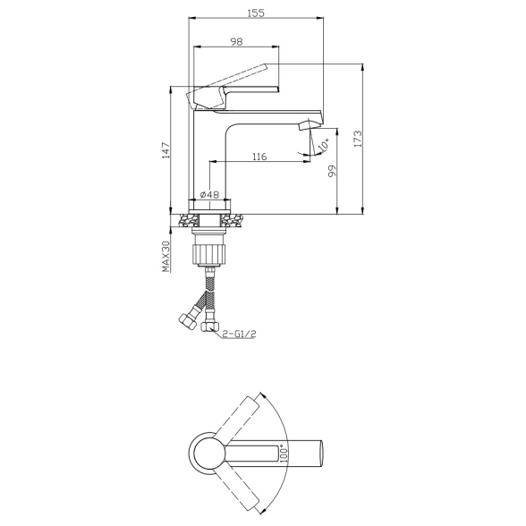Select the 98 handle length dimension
(x=236, y=42)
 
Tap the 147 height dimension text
(x=165, y=153)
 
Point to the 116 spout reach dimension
(x=259, y=157)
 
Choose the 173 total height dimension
(x=357, y=139)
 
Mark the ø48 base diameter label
(x=210, y=194)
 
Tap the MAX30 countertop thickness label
(x=165, y=257)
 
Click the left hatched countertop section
(x=187, y=219)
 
